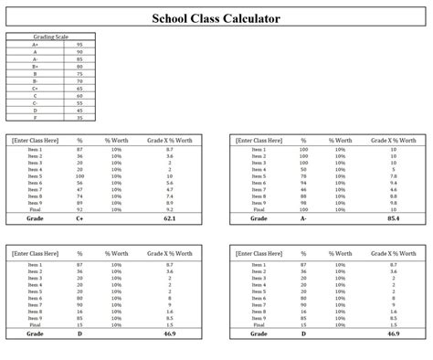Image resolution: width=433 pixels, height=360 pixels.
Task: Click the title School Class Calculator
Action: pos(216,18)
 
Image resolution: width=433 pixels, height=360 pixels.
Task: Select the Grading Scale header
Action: pos(50,37)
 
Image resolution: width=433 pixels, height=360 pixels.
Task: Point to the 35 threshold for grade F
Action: pos(80,117)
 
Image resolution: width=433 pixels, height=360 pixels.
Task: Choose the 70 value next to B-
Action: pos(80,80)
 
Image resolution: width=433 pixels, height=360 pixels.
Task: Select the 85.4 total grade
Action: pos(394,218)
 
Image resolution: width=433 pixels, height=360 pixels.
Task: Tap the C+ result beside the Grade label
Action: pos(80,218)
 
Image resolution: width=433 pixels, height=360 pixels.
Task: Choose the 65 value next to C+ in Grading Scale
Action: pos(80,88)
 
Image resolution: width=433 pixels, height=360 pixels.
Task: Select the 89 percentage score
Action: pos(80,202)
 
